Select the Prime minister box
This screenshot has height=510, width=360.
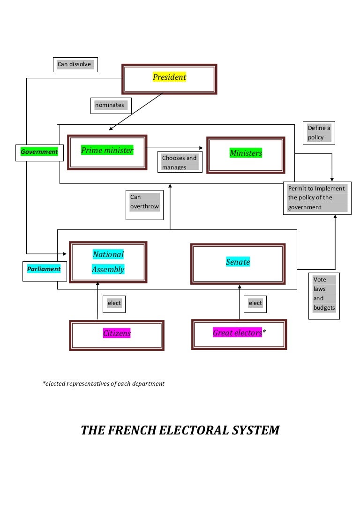tap(107, 152)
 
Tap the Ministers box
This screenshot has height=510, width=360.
tap(246, 154)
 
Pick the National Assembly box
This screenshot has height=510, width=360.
tap(108, 262)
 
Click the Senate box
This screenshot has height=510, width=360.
tap(238, 264)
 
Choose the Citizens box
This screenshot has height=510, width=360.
tap(117, 335)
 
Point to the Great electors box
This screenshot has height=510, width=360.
tap(239, 334)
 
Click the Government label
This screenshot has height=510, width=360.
tap(39, 152)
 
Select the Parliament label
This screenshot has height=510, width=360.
tap(44, 270)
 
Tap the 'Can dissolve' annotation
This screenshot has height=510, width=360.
tap(75, 64)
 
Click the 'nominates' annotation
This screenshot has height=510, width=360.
tap(110, 106)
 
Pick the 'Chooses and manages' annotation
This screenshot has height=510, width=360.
tap(180, 162)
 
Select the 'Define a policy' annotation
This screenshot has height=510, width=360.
tap(319, 133)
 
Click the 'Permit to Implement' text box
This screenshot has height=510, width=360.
tap(317, 198)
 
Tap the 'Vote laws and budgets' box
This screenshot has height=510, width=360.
tap(324, 294)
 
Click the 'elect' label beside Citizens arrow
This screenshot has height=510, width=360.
tap(114, 304)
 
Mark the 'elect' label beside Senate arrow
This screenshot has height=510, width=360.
tap(255, 304)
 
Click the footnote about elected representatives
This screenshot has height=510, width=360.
tap(104, 384)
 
